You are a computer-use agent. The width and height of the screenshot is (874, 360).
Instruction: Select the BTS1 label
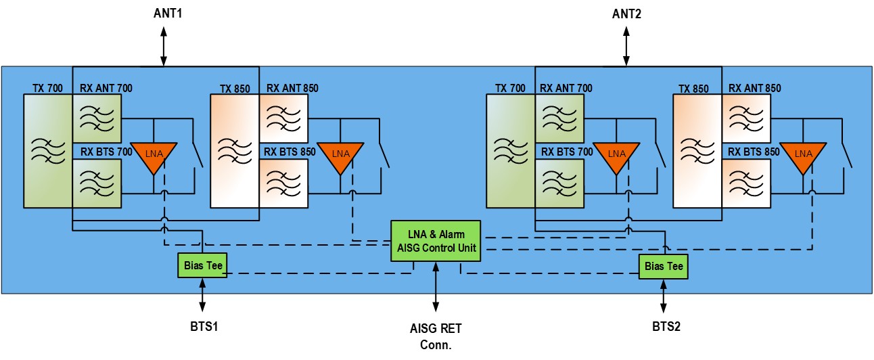(202, 326)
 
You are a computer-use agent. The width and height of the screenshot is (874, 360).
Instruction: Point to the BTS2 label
(664, 326)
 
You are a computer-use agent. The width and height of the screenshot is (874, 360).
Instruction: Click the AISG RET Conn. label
(436, 336)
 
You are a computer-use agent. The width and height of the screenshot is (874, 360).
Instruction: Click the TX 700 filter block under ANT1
(47, 150)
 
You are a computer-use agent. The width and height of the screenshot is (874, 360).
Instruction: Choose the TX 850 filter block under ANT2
(697, 150)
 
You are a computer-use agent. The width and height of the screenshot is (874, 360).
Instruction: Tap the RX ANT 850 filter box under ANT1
(284, 118)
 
